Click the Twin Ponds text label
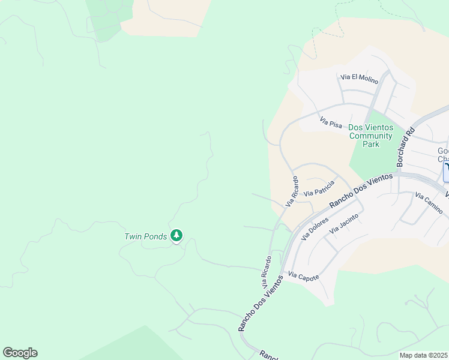click(145, 236)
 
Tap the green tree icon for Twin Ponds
click(176, 236)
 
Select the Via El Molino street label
click(359, 77)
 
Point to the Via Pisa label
click(331, 122)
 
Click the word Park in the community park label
click(372, 144)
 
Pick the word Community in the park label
click(371, 136)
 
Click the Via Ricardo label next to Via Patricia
click(291, 191)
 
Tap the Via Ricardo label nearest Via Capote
click(267, 270)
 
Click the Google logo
click(20, 353)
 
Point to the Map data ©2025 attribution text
click(423, 355)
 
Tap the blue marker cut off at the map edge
click(446, 172)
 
